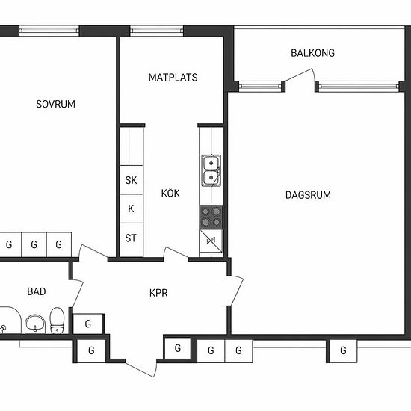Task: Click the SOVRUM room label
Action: (55, 104)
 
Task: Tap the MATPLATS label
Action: (173, 77)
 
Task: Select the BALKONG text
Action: (312, 53)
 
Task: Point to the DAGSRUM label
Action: (308, 195)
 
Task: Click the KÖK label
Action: (170, 193)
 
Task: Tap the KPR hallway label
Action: (158, 293)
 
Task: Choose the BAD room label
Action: (37, 291)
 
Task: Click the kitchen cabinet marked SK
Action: (132, 180)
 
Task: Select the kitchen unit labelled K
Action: (132, 208)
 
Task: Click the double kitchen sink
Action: (211, 170)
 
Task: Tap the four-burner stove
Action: (211, 217)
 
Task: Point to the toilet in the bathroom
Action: (57, 321)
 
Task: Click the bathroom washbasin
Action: (35, 324)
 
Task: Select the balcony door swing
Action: (300, 75)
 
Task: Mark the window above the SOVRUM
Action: (49, 31)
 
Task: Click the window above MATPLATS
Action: (157, 31)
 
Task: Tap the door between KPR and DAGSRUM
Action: (236, 291)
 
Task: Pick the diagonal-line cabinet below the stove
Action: (211, 241)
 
